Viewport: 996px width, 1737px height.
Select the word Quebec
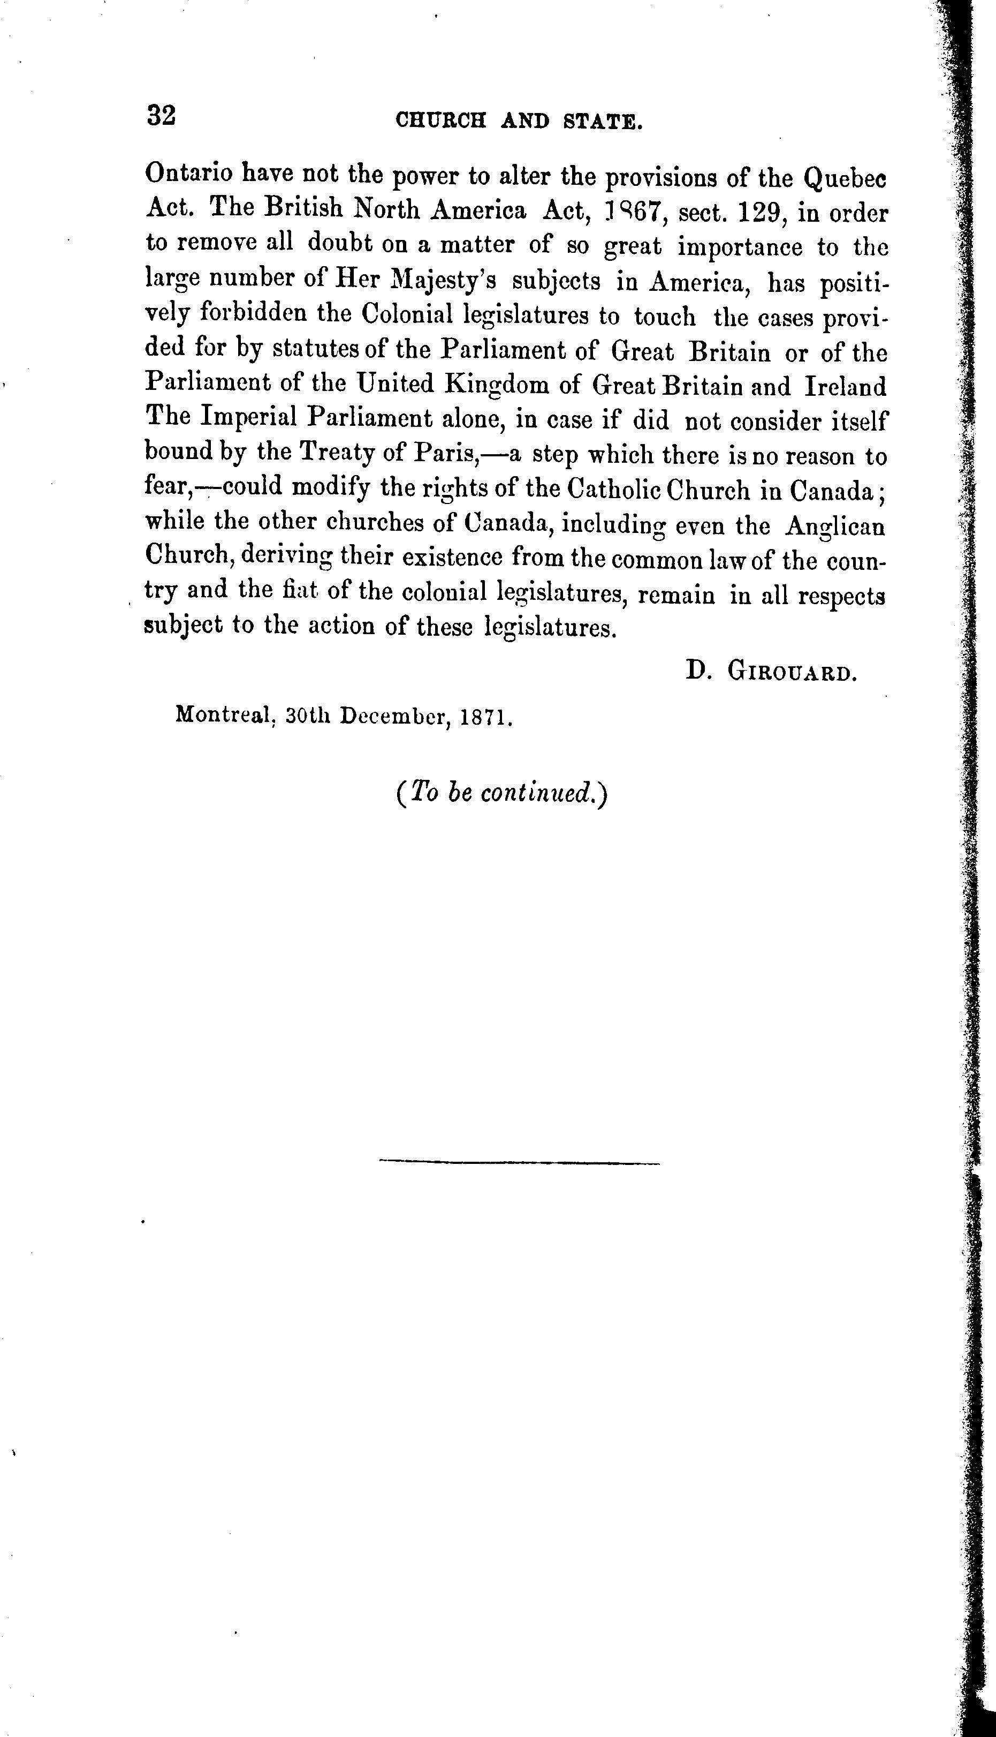click(845, 179)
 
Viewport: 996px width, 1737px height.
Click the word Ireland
click(845, 387)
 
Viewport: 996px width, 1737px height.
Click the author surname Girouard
click(792, 672)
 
